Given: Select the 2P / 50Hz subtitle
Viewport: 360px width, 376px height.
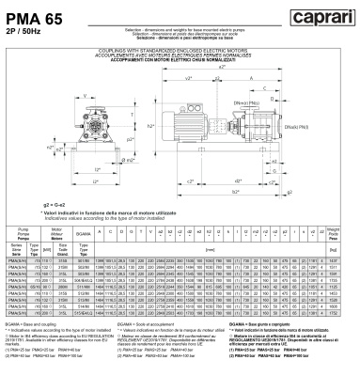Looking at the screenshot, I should [x=20, y=26].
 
